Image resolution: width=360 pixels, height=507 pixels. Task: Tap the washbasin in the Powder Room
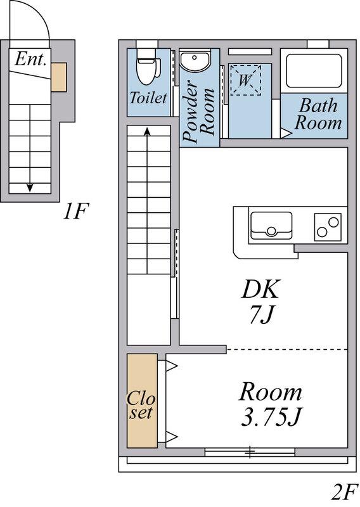(x=195, y=61)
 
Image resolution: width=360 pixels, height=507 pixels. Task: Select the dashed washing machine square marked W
(x=245, y=80)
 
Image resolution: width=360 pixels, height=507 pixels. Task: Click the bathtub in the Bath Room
(x=314, y=71)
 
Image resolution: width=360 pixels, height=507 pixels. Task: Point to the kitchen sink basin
(x=271, y=225)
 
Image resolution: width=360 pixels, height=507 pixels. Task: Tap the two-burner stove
(x=328, y=227)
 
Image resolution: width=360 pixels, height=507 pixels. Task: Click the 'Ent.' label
(x=30, y=59)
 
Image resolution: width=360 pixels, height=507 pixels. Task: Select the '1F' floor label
(x=75, y=211)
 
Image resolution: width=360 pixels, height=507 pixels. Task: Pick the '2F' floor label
(x=345, y=492)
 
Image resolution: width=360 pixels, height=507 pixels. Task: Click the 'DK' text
(x=260, y=289)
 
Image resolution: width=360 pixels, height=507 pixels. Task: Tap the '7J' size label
(x=262, y=314)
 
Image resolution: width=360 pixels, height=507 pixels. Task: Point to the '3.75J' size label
(x=271, y=417)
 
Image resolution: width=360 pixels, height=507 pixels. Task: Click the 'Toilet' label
(x=148, y=98)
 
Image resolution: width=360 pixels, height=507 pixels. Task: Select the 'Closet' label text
(x=141, y=405)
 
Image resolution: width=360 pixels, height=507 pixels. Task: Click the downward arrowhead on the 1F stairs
(x=30, y=187)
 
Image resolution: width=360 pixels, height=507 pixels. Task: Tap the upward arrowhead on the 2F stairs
(x=147, y=131)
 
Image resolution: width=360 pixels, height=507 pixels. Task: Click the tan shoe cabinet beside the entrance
(x=58, y=77)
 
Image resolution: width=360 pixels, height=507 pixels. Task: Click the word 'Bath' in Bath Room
(x=318, y=106)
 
